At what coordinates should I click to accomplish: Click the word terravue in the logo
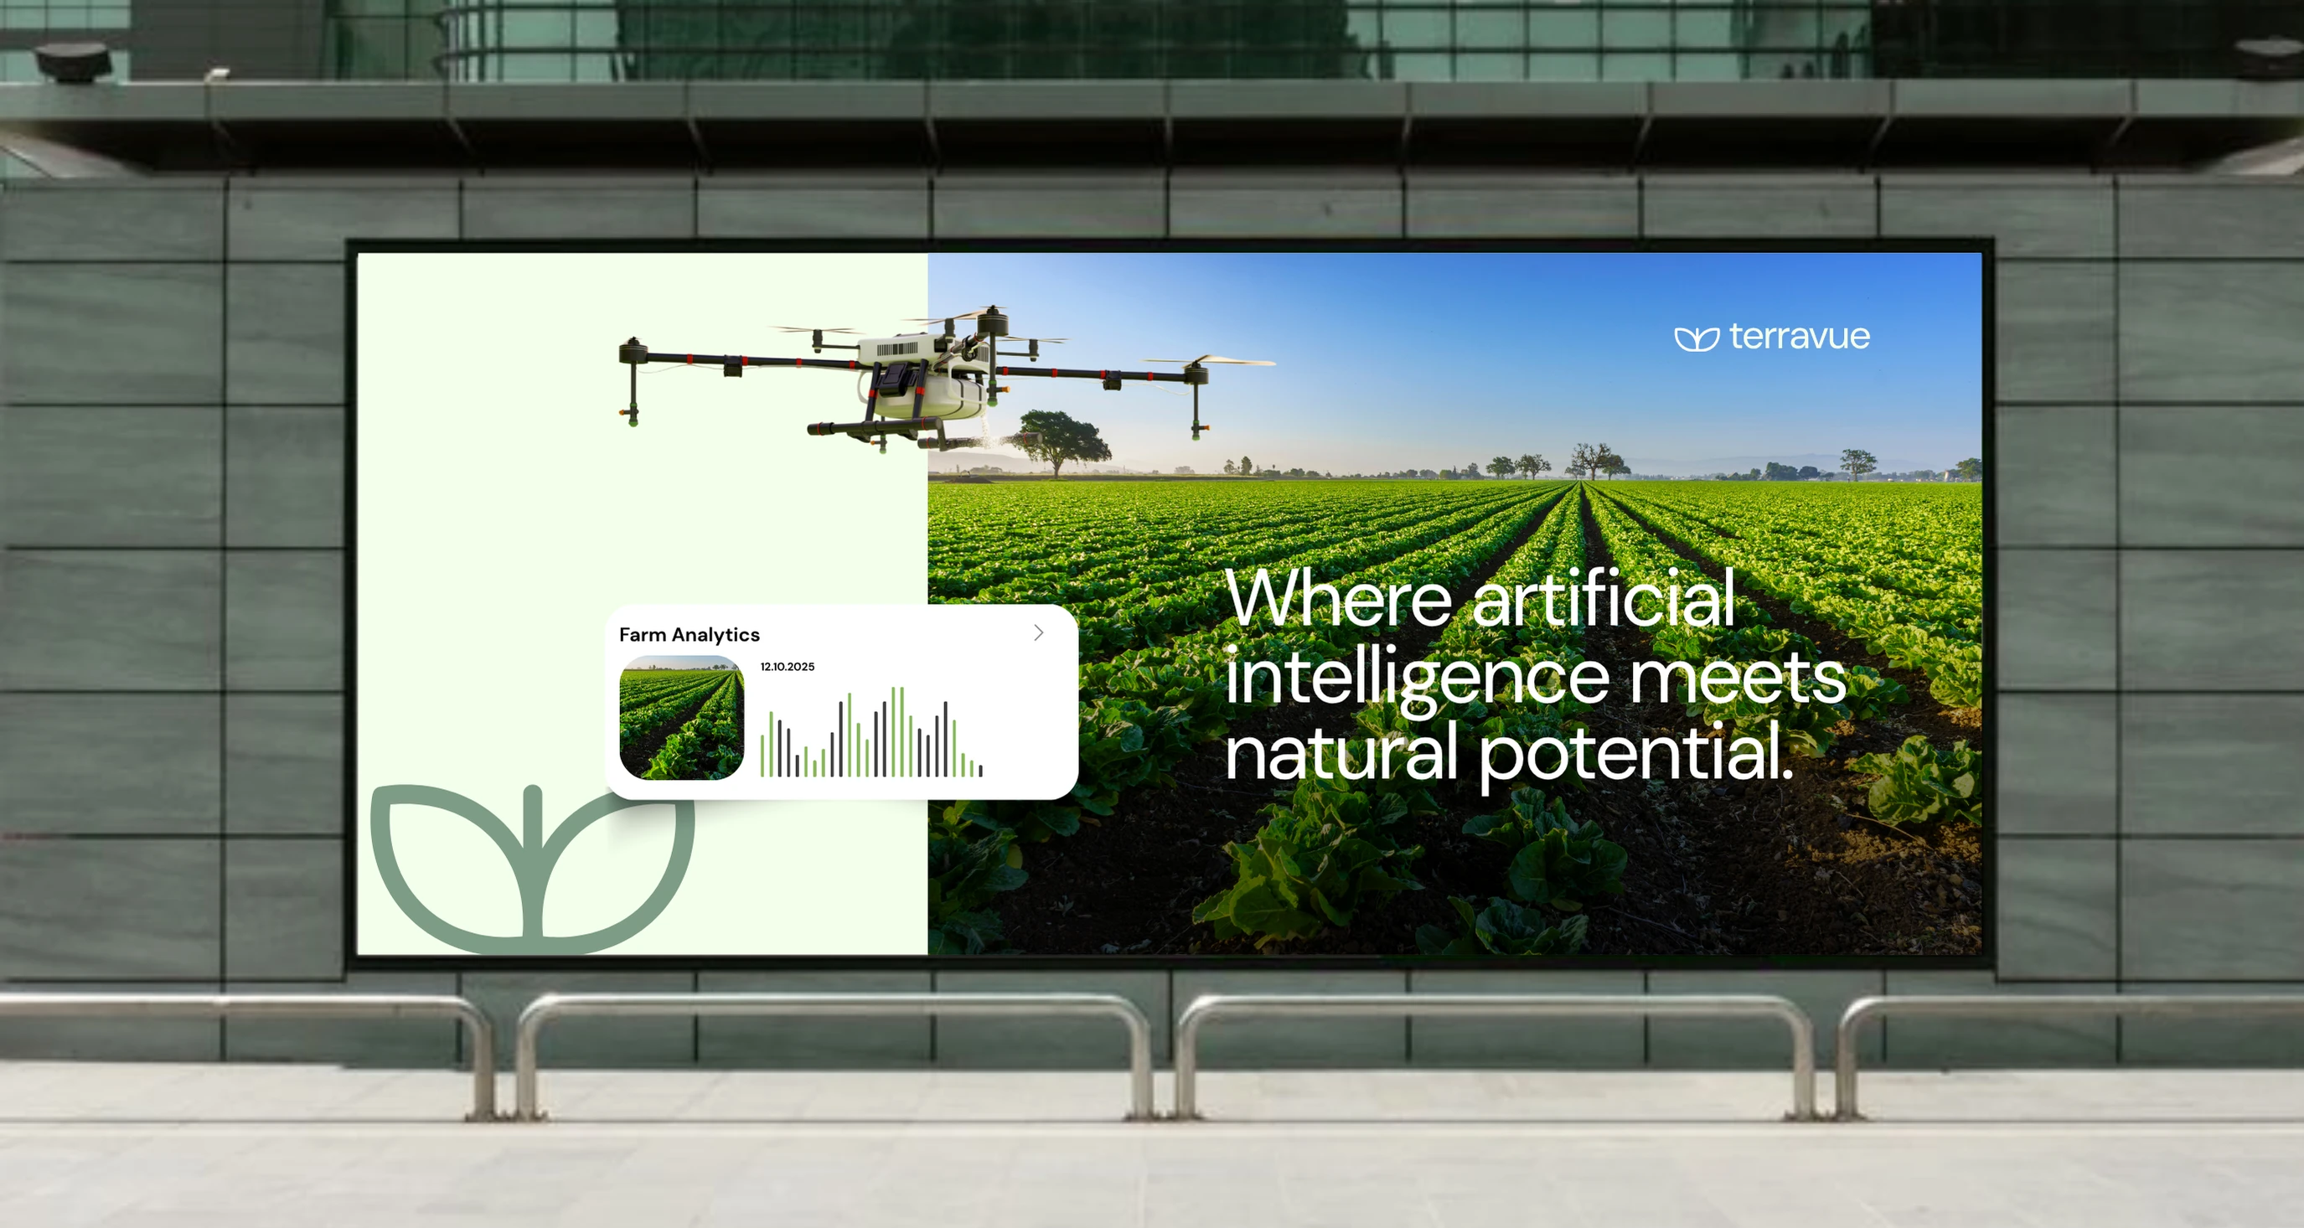(x=1799, y=338)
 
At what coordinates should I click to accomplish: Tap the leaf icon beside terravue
(x=1697, y=339)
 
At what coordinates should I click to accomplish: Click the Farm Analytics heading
(x=689, y=635)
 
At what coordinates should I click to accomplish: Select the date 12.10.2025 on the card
(x=787, y=666)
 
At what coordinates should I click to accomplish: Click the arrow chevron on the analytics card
(x=1038, y=632)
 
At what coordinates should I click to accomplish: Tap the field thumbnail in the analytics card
(x=681, y=717)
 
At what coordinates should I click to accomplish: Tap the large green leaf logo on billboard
(x=533, y=869)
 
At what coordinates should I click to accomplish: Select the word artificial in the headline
(x=1603, y=597)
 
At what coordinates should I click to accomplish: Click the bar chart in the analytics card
(x=871, y=731)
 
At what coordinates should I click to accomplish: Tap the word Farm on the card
(x=642, y=635)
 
